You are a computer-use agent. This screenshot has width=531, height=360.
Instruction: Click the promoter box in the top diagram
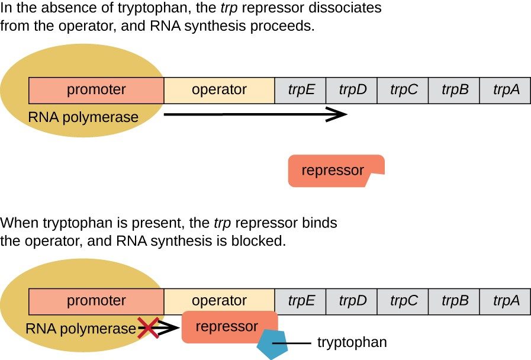click(96, 90)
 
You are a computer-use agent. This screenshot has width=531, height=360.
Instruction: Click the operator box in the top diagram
click(219, 90)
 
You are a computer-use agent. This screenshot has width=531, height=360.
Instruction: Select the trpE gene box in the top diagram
click(301, 90)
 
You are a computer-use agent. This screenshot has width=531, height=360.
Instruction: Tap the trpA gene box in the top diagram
click(506, 90)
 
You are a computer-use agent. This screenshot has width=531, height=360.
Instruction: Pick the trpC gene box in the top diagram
click(404, 90)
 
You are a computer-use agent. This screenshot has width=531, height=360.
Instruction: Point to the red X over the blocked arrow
click(148, 327)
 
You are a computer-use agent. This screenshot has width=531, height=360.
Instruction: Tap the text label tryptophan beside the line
click(352, 343)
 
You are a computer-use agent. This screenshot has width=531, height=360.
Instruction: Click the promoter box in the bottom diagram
click(96, 301)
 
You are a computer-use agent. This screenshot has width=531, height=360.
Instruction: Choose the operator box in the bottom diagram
click(219, 301)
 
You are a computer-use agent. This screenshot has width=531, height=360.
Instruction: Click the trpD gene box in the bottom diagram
click(352, 301)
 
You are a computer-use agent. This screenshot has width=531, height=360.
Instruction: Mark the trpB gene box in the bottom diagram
click(455, 301)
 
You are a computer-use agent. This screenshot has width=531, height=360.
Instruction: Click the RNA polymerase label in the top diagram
click(83, 117)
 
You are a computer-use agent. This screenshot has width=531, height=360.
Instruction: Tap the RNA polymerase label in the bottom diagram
click(81, 329)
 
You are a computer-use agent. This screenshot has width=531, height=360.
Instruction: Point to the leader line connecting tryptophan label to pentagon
click(299, 343)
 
